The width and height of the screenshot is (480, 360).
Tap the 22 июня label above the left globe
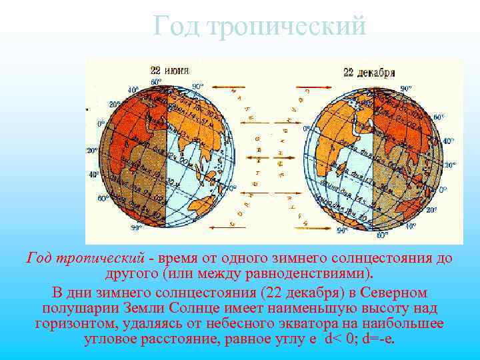click(x=169, y=70)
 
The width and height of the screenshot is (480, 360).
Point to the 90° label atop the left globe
click(x=197, y=87)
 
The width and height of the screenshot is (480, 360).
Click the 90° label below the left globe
click(x=136, y=228)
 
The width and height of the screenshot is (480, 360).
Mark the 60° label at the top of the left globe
click(x=157, y=82)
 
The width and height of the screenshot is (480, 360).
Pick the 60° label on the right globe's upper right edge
click(x=439, y=117)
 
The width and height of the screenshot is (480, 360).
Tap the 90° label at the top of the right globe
click(x=406, y=88)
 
